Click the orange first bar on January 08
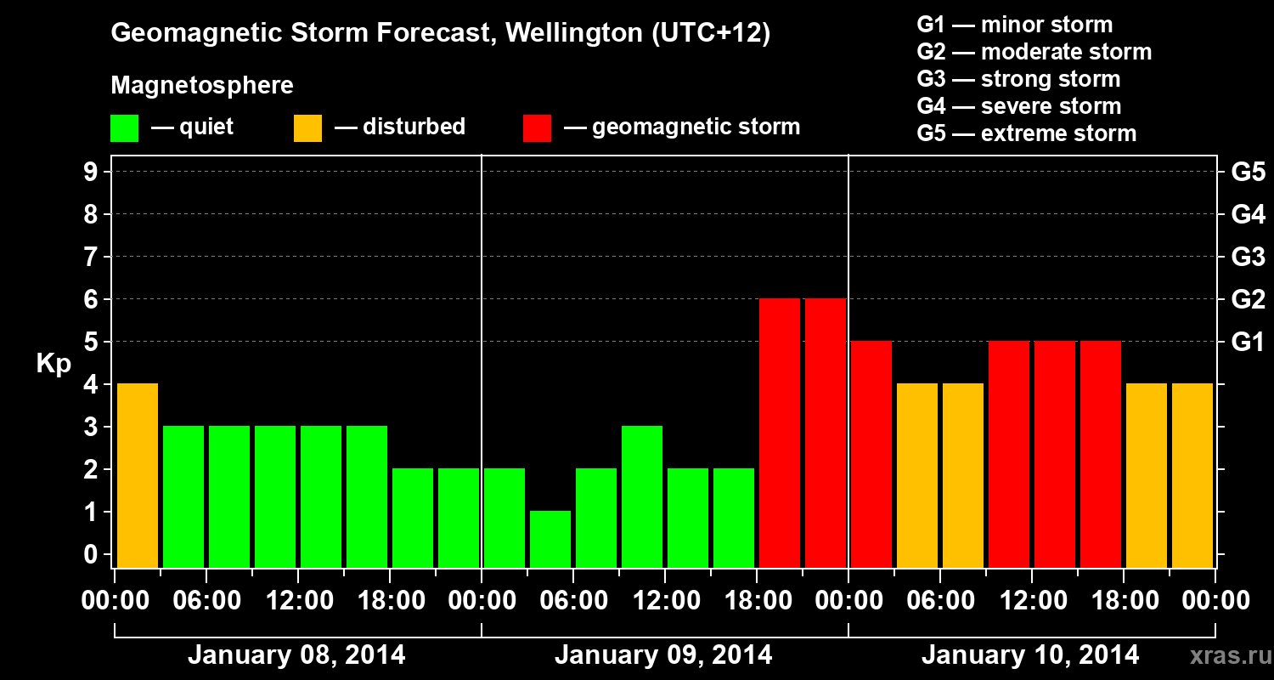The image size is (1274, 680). pyautogui.click(x=138, y=475)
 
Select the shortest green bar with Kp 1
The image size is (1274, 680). pyautogui.click(x=550, y=539)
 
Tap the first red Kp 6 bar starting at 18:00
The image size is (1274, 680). pyautogui.click(x=780, y=433)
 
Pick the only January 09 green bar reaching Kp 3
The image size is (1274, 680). pyautogui.click(x=642, y=496)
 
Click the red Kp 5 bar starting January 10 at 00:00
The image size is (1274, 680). pyautogui.click(x=871, y=454)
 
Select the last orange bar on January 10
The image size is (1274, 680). pyautogui.click(x=1192, y=475)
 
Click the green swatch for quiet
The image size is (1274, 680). pyautogui.click(x=124, y=128)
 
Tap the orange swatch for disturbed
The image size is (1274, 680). pyautogui.click(x=307, y=128)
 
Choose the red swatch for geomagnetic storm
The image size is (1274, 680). pyautogui.click(x=537, y=128)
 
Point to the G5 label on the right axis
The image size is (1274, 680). pyautogui.click(x=1248, y=173)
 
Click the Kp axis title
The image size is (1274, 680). pyautogui.click(x=54, y=364)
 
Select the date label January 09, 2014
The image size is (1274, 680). pyautogui.click(x=663, y=655)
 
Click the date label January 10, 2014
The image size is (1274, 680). pyautogui.click(x=1030, y=655)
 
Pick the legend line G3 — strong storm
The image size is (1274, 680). pyautogui.click(x=1018, y=79)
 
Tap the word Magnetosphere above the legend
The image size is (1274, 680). pyautogui.click(x=202, y=86)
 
